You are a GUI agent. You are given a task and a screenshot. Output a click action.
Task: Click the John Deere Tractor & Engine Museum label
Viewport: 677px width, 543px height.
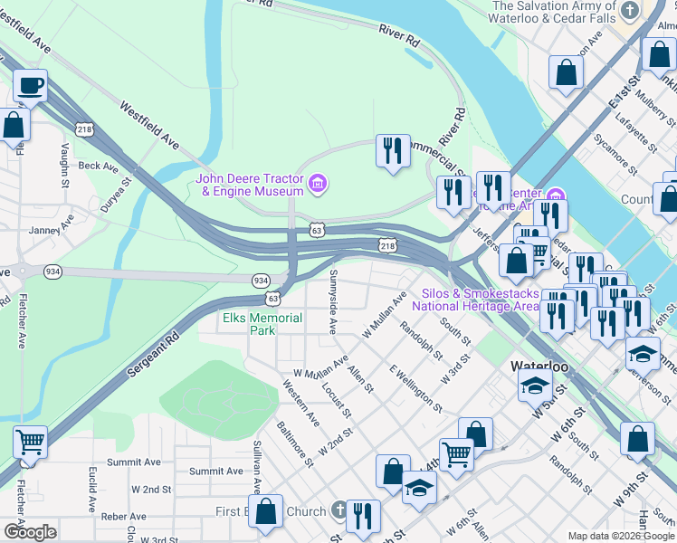[250, 184]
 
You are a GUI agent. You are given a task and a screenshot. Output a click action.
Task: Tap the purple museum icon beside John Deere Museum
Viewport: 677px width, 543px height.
[317, 185]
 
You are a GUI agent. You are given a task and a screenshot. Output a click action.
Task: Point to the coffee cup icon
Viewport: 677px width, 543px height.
[31, 86]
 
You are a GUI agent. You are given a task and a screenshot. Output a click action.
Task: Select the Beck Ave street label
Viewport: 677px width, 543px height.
[98, 167]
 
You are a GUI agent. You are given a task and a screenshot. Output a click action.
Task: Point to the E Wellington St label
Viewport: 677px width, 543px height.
[415, 389]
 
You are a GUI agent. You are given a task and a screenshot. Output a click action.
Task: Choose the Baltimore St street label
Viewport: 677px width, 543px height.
[295, 443]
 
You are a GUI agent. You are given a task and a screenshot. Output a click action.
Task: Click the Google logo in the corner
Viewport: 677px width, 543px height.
[29, 531]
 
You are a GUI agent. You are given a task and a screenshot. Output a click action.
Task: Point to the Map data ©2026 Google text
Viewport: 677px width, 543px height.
[621, 536]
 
